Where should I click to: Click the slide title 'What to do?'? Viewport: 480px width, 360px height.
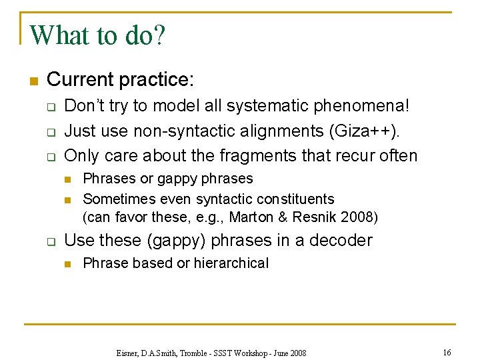pyautogui.click(x=97, y=35)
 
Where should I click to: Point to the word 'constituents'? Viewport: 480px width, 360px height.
pyautogui.click(x=294, y=199)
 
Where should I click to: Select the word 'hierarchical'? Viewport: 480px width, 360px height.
pyautogui.click(x=231, y=263)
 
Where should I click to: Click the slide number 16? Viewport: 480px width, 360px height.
pyautogui.click(x=447, y=351)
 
